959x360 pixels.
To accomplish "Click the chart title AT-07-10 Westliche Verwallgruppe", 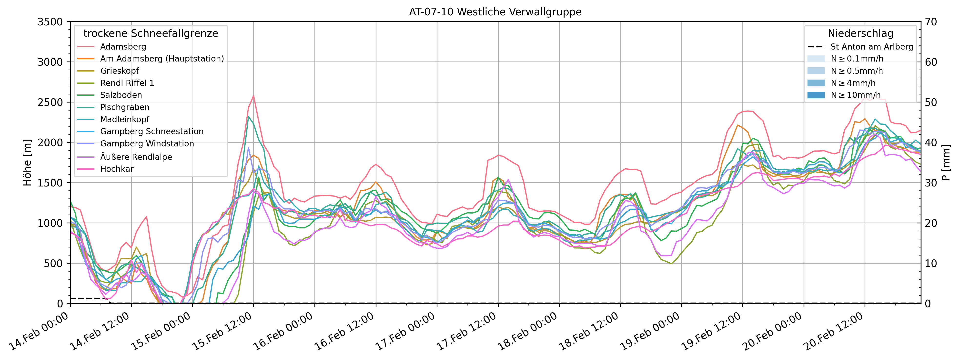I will (x=495, y=12).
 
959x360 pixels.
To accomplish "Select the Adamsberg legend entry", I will (x=123, y=47).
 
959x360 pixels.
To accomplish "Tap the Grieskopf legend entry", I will (x=119, y=71).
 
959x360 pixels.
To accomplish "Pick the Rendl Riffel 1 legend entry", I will (x=127, y=83).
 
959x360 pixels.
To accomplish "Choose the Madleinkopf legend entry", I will (x=124, y=120).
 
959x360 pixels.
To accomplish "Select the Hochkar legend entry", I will (x=117, y=169).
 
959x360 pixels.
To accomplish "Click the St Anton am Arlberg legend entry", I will (x=871, y=47).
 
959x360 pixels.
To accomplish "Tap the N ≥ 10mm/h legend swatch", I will (x=816, y=95).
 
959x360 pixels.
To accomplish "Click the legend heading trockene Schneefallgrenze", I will (x=151, y=33).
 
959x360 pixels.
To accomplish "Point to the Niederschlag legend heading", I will (x=860, y=33).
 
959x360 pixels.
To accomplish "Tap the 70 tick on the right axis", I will (x=931, y=22).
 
